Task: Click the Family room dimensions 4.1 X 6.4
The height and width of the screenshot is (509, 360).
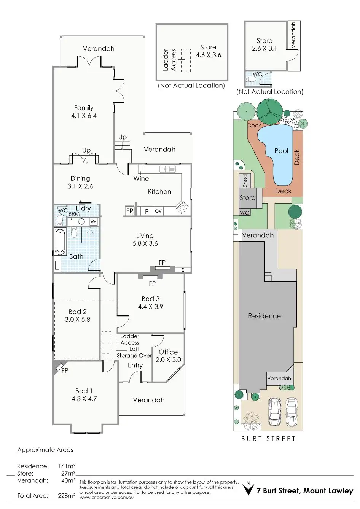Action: point(84,116)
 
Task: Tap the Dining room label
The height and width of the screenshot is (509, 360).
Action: point(80,178)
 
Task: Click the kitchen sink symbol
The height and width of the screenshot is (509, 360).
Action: point(168,169)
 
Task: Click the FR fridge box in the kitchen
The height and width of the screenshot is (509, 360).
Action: point(130,211)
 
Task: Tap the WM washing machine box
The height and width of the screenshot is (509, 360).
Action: point(94,221)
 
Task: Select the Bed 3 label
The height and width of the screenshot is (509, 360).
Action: point(151,299)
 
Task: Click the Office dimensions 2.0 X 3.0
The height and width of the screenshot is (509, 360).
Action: point(168,359)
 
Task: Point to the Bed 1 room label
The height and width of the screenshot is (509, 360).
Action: point(84,391)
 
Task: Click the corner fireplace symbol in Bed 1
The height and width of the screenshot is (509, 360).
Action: point(60,367)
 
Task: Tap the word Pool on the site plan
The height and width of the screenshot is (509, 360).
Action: point(282,151)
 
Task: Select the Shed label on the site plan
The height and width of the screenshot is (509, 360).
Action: point(245,181)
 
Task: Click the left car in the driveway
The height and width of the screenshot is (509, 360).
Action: point(274,412)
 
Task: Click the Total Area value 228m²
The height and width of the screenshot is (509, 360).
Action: point(67,496)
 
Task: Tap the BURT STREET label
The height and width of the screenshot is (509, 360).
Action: point(268,439)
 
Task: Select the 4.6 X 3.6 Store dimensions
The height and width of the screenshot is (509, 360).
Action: point(209,55)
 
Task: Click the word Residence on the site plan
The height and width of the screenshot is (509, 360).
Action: point(264,316)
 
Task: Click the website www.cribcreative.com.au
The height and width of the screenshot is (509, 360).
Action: point(107,498)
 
